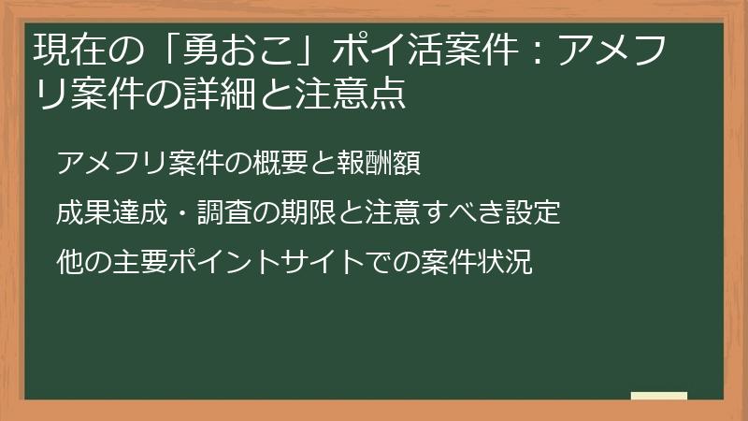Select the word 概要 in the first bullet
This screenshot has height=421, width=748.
280,163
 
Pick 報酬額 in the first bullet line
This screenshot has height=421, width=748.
378,163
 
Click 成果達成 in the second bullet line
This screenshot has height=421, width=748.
112,213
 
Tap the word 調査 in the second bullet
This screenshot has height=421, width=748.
223,213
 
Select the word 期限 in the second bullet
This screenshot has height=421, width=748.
308,213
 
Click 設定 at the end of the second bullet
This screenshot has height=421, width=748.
532,213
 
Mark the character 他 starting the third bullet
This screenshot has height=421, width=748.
71,262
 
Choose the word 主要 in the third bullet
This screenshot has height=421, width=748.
140,262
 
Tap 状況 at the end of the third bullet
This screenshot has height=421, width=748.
504,262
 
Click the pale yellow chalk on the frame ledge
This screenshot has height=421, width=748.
659,396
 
